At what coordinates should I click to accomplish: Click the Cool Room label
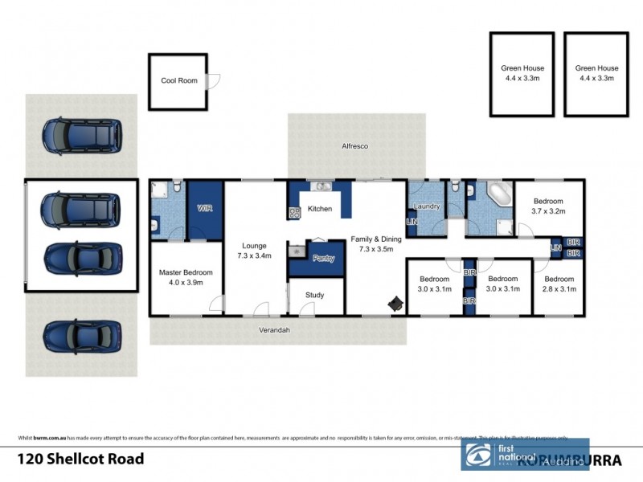pyautogui.click(x=178, y=80)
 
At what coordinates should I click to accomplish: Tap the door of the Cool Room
pyautogui.click(x=213, y=80)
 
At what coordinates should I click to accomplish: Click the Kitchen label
pyautogui.click(x=320, y=209)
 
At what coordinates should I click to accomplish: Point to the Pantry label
pyautogui.click(x=323, y=259)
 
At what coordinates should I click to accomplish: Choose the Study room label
pyautogui.click(x=314, y=295)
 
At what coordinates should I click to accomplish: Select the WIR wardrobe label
pyautogui.click(x=205, y=209)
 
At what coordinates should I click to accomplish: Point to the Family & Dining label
pyautogui.click(x=375, y=244)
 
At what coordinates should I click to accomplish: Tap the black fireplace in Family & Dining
pyautogui.click(x=395, y=304)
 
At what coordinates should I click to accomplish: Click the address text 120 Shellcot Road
pyautogui.click(x=81, y=460)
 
